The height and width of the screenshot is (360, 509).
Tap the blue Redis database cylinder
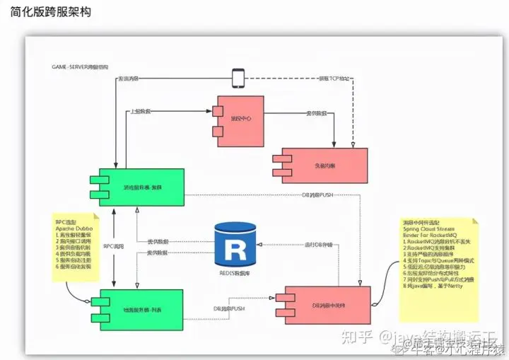coord(235,245)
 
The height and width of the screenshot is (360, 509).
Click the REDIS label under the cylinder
coord(235,272)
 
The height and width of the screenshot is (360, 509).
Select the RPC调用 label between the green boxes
coord(113,245)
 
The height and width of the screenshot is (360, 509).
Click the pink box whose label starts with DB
coord(327,305)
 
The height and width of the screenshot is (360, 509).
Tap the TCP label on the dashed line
coord(334,77)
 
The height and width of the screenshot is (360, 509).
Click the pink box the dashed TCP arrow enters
coord(324,166)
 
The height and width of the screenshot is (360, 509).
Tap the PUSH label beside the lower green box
coord(229,309)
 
